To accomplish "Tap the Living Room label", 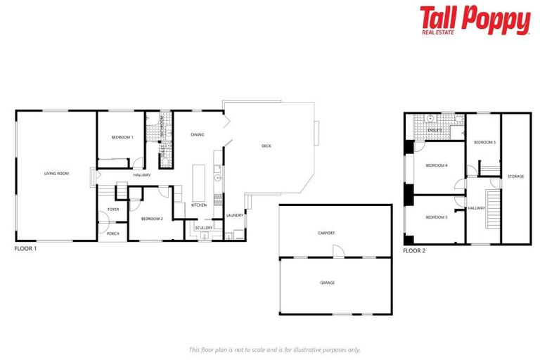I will click(x=56, y=173).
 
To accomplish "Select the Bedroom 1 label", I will click(x=122, y=137).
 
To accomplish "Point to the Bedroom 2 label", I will click(x=152, y=219).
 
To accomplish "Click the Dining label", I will click(x=198, y=134).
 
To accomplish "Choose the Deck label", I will click(x=266, y=146).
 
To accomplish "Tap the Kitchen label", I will click(x=199, y=205).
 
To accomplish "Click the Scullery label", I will click(x=203, y=228).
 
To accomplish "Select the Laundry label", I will click(x=235, y=215).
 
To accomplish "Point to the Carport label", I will click(x=326, y=233).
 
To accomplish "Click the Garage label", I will click(x=328, y=283).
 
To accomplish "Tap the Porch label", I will click(x=112, y=233).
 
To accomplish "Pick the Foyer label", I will click(x=112, y=210).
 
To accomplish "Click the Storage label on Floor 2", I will click(x=515, y=176).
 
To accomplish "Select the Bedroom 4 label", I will click(x=436, y=165).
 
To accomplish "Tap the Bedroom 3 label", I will click(x=436, y=217).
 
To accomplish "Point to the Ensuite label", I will click(x=435, y=130).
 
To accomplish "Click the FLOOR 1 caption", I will click(x=25, y=249).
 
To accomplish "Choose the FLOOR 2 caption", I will click(x=414, y=250).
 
